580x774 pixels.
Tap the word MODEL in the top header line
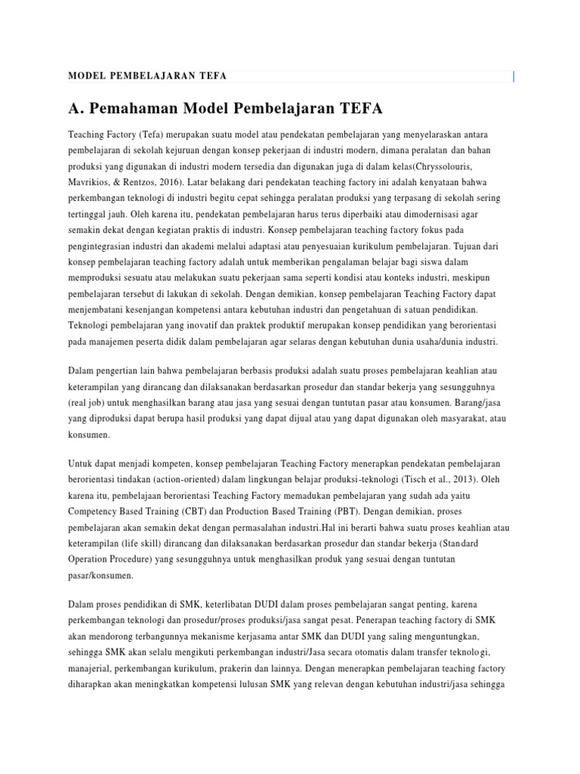tap(85, 76)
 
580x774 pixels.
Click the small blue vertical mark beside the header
tap(514, 76)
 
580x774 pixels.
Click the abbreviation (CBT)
tap(199, 510)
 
